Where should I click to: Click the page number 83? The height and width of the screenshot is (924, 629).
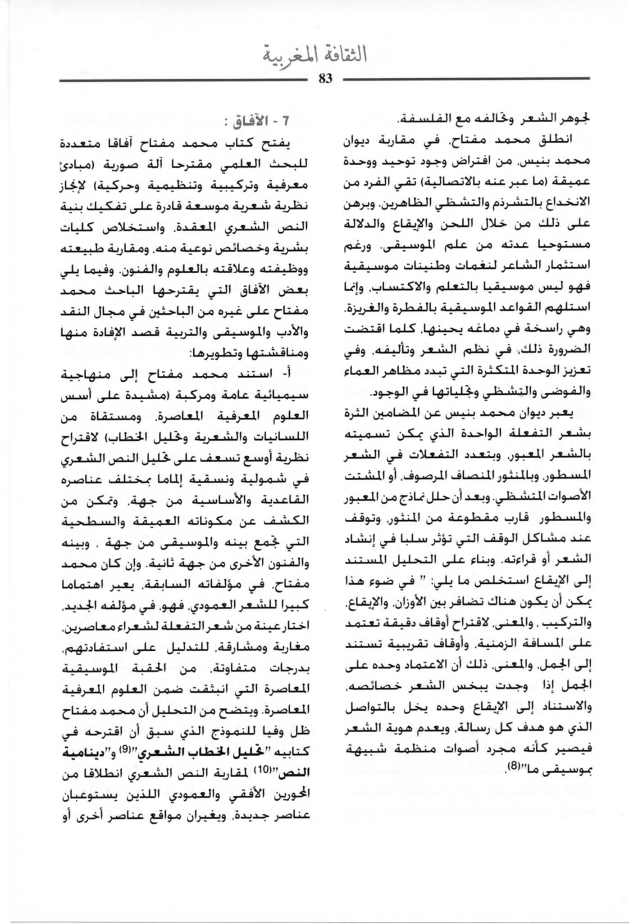point(325,79)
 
